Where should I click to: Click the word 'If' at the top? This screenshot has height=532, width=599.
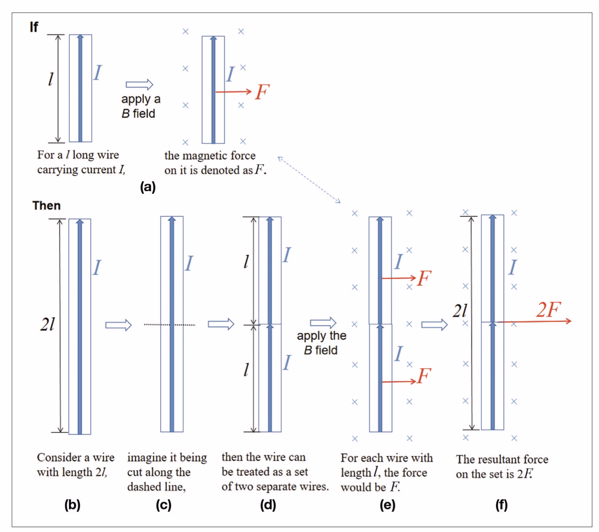click(34, 27)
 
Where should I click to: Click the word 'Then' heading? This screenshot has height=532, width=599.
click(46, 205)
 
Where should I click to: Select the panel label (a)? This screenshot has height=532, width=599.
click(147, 187)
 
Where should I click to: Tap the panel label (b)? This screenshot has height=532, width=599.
click(72, 505)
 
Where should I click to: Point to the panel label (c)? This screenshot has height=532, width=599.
click(164, 505)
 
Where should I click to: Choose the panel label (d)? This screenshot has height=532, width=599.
click(268, 505)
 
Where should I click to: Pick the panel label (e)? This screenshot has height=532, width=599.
click(387, 505)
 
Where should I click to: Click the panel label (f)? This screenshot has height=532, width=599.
click(501, 505)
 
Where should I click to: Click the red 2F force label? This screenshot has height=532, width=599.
click(548, 310)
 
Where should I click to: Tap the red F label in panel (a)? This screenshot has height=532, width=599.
click(262, 92)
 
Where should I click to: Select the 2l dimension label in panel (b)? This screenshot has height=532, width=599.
click(47, 324)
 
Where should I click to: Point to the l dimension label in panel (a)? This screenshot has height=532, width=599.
click(50, 79)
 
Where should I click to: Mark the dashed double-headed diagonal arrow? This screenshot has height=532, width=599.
click(309, 179)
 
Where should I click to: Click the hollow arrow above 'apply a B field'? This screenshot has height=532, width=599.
click(139, 84)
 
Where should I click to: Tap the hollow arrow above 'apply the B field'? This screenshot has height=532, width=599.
click(323, 323)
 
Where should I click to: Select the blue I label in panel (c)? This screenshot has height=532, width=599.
click(189, 263)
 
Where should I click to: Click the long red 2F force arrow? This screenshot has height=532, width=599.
click(534, 321)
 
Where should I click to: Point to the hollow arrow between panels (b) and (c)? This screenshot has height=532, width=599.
click(118, 325)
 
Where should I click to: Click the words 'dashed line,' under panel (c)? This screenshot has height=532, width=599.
click(157, 487)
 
